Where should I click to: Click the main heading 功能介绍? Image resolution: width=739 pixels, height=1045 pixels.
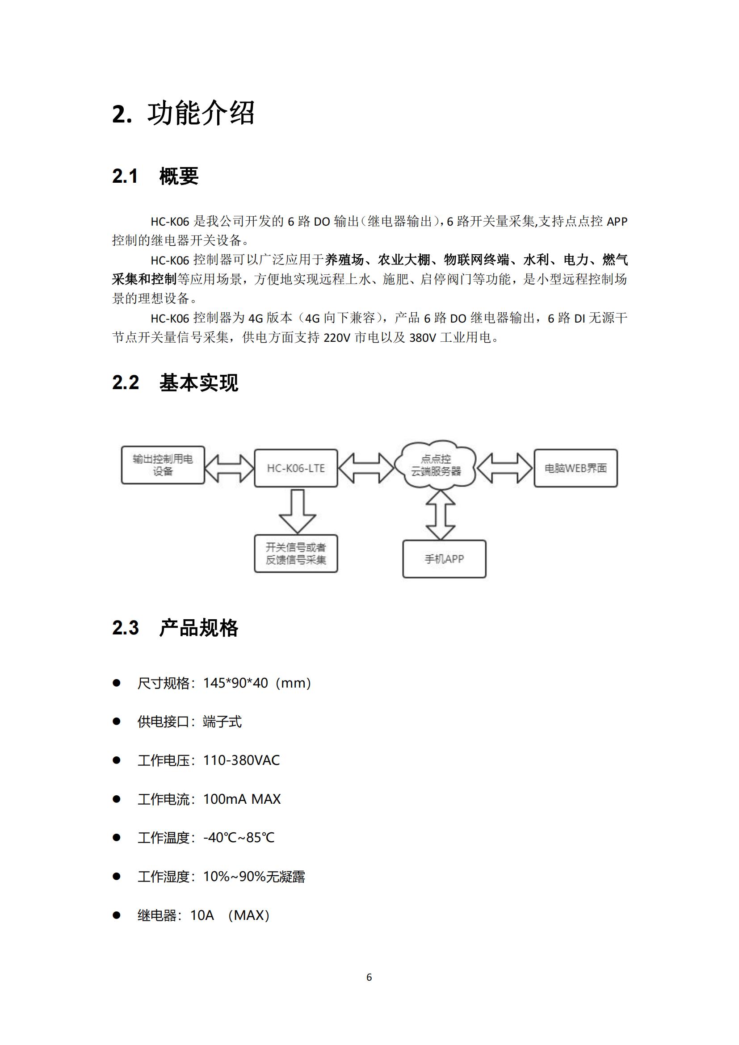(x=200, y=113)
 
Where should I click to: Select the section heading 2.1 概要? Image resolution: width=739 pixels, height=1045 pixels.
(x=155, y=176)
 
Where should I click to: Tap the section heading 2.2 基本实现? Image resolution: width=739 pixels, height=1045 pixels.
(x=175, y=382)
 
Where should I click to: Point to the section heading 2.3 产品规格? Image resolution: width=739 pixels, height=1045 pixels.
(x=175, y=628)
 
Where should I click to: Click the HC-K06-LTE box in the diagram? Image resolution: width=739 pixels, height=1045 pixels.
(x=296, y=468)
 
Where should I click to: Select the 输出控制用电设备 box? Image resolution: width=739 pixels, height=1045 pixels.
(x=163, y=465)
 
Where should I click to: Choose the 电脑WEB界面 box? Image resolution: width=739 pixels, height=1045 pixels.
(x=575, y=468)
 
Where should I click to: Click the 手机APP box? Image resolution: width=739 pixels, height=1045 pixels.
(x=444, y=559)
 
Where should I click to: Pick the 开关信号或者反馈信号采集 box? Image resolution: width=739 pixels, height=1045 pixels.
(x=296, y=554)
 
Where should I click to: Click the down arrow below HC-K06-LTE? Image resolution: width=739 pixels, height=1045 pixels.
(x=298, y=511)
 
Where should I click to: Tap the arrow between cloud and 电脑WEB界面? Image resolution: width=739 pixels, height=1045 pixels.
(x=504, y=468)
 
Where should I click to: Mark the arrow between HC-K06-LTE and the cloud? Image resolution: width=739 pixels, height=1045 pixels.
(x=366, y=468)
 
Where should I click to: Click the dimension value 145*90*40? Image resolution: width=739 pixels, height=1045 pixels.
(x=236, y=683)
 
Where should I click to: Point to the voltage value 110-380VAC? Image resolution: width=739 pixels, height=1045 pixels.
(x=242, y=760)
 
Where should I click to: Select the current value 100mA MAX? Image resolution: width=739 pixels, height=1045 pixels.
(x=242, y=799)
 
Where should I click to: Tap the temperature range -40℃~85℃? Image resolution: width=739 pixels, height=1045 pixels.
(x=239, y=837)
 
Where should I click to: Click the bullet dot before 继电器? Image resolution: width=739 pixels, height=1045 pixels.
(x=117, y=915)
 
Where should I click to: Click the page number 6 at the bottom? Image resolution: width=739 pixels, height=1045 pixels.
(x=369, y=977)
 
